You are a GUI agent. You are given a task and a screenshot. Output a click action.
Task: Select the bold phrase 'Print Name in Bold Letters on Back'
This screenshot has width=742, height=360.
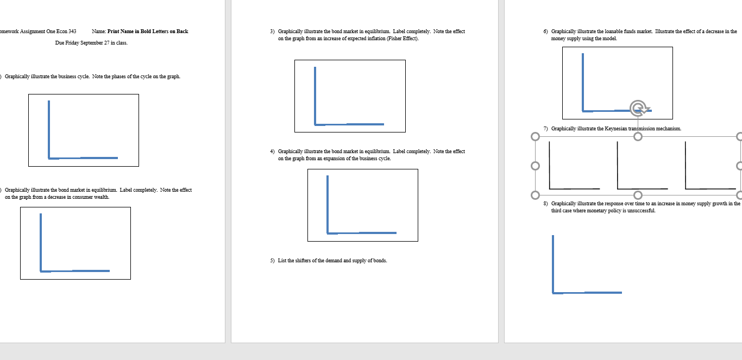point(148,31)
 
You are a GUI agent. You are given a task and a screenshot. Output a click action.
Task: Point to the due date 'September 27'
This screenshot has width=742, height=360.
point(99,42)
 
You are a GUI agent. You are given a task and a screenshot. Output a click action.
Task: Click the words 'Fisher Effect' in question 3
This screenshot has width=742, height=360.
point(402,39)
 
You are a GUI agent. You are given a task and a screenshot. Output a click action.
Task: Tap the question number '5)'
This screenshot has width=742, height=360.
point(273,261)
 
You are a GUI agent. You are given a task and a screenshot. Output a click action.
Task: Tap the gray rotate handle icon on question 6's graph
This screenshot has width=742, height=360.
point(639,108)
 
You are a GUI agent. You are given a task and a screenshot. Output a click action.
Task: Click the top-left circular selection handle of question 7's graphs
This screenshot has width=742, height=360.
point(536,137)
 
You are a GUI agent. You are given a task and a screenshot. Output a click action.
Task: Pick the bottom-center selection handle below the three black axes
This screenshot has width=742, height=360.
point(638,195)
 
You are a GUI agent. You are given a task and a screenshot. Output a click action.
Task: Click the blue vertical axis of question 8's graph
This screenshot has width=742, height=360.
point(553,263)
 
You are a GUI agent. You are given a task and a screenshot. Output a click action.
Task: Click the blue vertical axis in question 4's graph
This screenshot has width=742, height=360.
point(328,204)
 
